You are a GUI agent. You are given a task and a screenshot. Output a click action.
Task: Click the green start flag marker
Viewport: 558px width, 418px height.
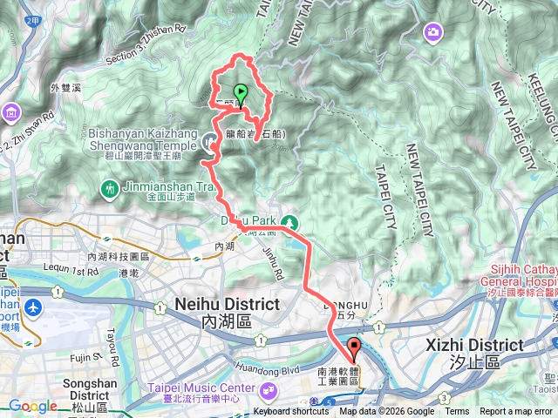[239, 92]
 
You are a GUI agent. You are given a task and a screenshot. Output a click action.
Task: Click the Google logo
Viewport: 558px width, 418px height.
[32, 406]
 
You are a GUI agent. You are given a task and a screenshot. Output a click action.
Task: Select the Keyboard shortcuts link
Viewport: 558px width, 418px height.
[292, 412]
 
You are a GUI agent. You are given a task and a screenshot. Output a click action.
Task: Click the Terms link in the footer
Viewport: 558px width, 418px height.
[457, 412]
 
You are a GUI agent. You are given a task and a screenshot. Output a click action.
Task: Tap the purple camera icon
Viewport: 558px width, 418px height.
[432, 33]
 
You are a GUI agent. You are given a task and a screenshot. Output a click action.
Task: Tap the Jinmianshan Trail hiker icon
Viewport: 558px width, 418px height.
[109, 187]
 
